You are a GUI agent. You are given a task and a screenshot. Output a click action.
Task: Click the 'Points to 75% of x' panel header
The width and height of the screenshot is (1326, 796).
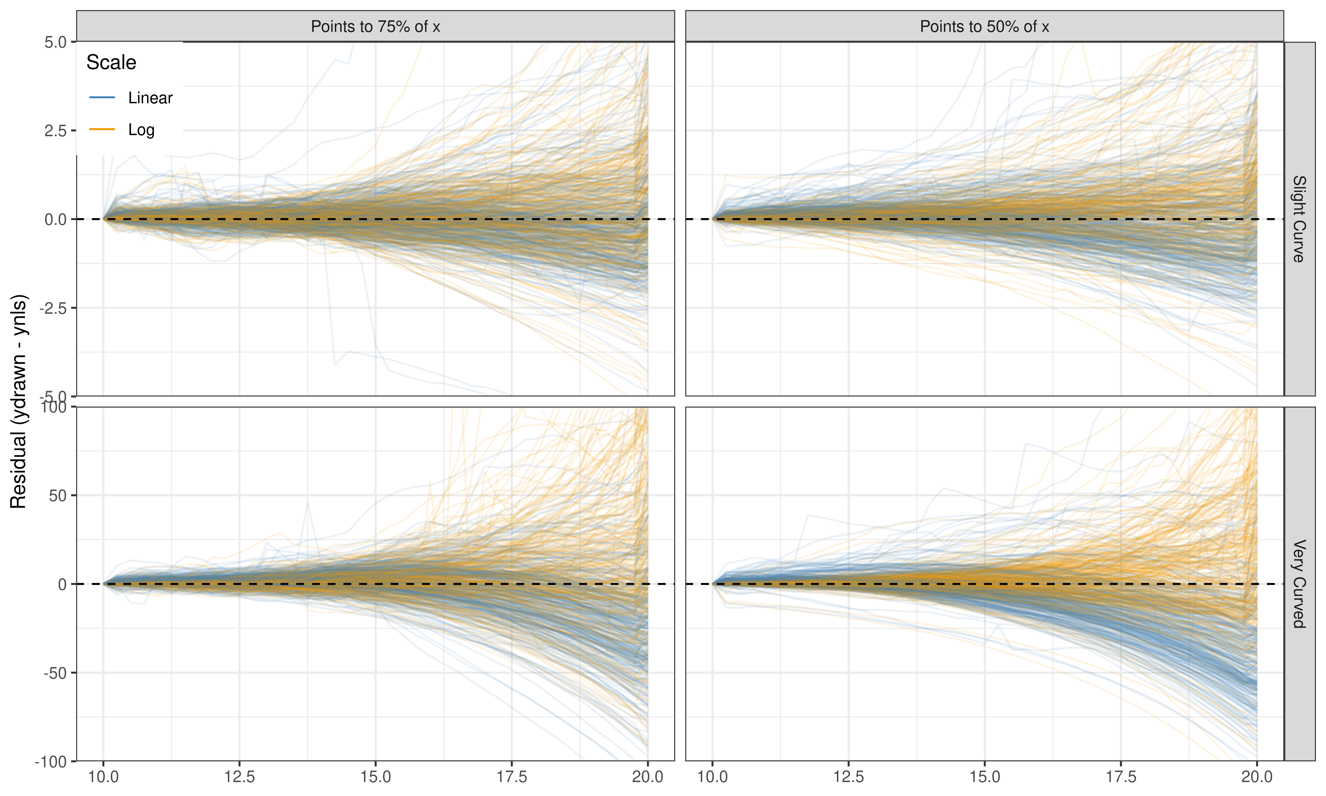375,26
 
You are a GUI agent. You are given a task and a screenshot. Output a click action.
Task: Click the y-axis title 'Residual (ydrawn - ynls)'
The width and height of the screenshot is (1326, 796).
18,401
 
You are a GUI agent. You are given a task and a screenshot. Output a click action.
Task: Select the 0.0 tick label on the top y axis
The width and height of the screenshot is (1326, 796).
56,219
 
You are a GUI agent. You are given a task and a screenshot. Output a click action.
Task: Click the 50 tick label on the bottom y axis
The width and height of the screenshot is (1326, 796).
58,496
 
